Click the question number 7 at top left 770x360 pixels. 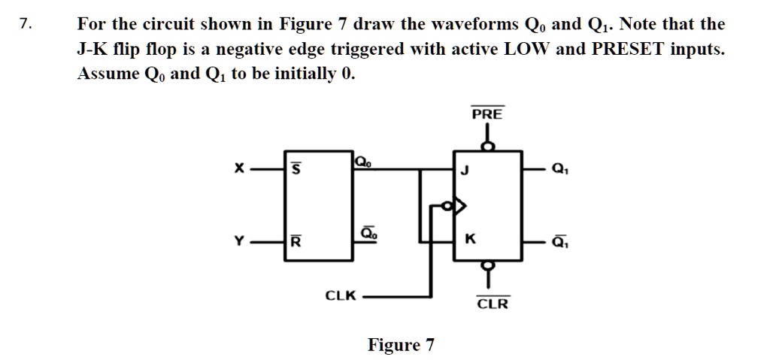tap(26, 24)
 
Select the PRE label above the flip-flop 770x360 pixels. tap(488, 115)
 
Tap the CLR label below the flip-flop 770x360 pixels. tap(493, 304)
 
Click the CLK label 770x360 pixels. tap(340, 296)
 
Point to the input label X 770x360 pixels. tap(238, 171)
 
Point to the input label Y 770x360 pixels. tap(238, 241)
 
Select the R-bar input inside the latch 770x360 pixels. tap(296, 241)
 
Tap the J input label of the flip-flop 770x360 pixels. tap(465, 171)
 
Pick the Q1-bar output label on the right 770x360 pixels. tap(559, 241)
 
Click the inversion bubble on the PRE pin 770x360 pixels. tap(488, 147)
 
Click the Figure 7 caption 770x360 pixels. tap(401, 345)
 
